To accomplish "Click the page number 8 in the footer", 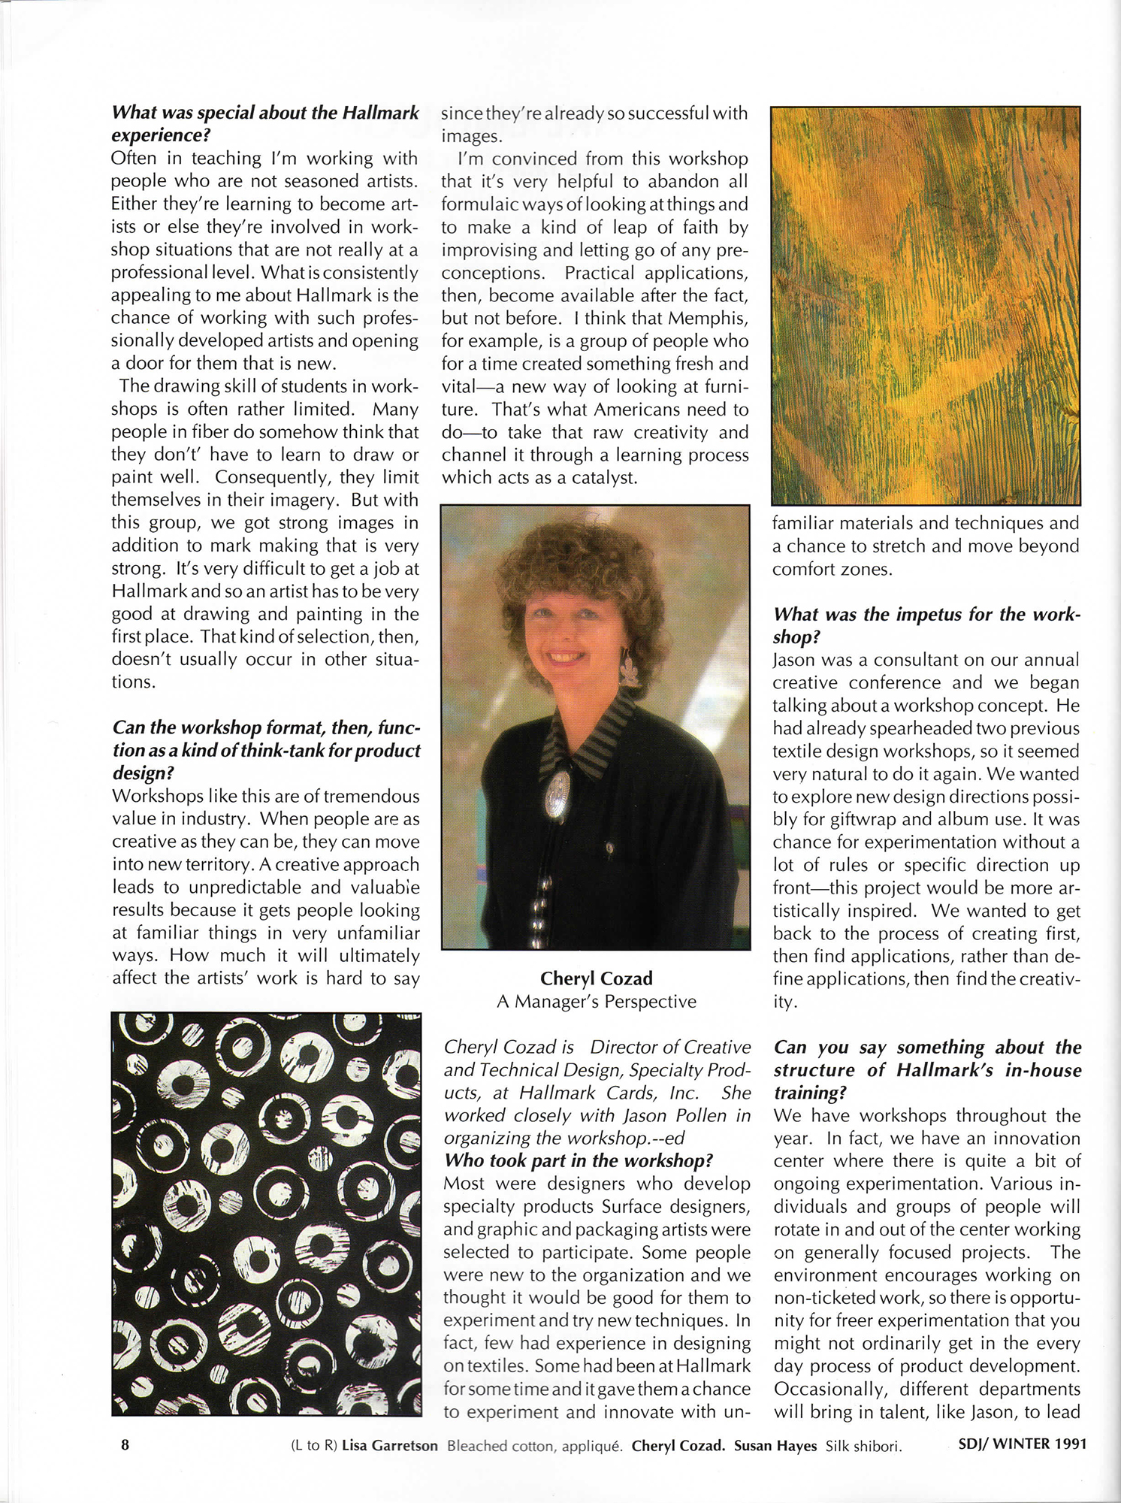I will tap(125, 1444).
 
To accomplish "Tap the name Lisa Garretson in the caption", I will tap(389, 1445).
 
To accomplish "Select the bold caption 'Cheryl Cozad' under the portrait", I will tap(596, 978).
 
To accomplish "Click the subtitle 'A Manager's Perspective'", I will tap(596, 1001).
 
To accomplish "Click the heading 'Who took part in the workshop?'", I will tap(578, 1160).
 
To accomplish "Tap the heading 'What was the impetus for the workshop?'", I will tap(926, 625).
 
